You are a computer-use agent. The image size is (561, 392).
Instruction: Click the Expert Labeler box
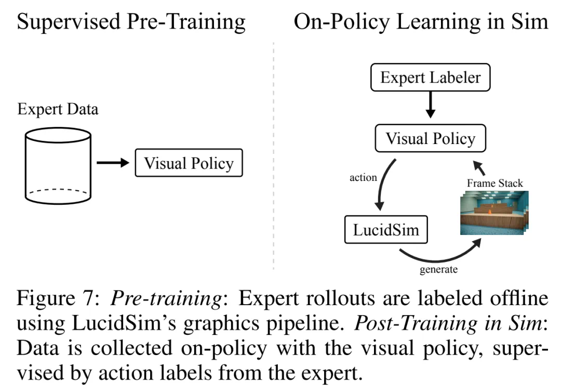click(431, 78)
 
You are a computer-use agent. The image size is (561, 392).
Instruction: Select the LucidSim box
click(386, 229)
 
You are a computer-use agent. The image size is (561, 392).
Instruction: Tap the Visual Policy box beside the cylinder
click(189, 163)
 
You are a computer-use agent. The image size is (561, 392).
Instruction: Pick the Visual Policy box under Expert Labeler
click(430, 138)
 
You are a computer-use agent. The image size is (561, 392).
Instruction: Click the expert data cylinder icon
click(58, 165)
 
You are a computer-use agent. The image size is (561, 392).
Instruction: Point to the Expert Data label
click(58, 109)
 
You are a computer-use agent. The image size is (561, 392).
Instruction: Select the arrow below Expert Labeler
click(430, 107)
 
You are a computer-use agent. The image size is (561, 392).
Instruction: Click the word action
click(363, 177)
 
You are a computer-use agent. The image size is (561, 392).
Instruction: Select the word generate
click(439, 269)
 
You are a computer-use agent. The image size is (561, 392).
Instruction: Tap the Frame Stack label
click(495, 182)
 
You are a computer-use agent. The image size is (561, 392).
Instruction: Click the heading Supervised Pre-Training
click(131, 22)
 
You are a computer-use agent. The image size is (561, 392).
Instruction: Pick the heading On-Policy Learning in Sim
click(421, 22)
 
